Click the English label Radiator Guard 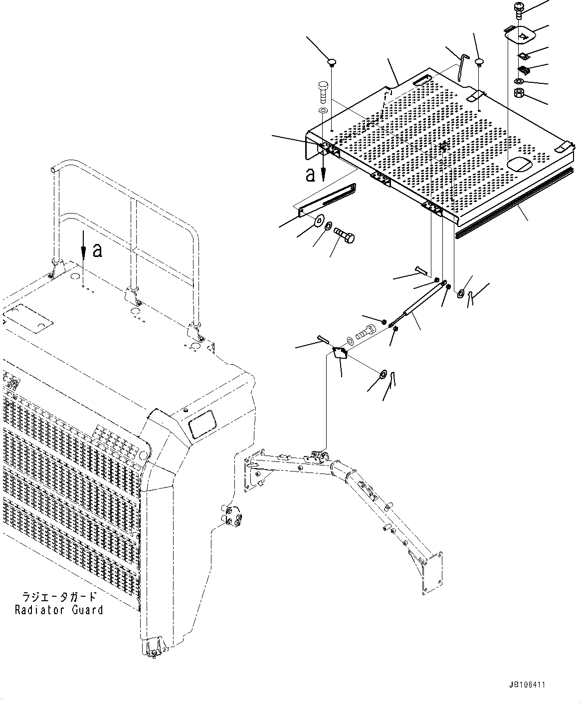click(x=59, y=610)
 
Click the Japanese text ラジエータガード click(x=59, y=597)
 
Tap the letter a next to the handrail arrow click(x=98, y=250)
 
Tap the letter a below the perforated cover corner click(x=310, y=174)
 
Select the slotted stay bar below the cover click(x=327, y=199)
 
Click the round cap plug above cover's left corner click(x=332, y=62)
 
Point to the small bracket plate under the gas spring click(x=341, y=353)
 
